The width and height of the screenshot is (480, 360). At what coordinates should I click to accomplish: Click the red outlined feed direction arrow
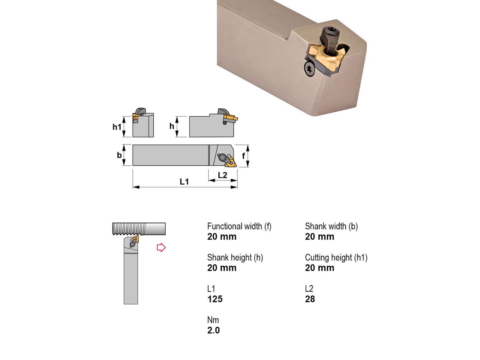(x=161, y=247)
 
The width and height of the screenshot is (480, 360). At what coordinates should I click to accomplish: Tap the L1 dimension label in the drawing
(x=184, y=181)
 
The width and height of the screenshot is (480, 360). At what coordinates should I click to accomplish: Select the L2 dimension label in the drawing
(x=223, y=175)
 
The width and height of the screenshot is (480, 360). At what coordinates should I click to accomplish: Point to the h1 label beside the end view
(x=117, y=127)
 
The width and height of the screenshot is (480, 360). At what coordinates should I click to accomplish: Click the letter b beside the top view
(x=119, y=155)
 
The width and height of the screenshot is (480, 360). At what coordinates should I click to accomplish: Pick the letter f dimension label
(x=243, y=156)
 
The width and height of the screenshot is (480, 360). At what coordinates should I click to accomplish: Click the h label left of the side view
(x=172, y=126)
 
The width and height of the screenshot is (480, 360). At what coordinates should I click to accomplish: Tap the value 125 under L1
(x=215, y=299)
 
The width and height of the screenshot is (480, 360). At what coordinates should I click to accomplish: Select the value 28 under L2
(x=310, y=299)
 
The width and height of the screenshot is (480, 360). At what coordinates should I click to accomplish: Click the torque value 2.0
(x=213, y=330)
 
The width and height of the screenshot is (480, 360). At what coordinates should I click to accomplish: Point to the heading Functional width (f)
(x=239, y=226)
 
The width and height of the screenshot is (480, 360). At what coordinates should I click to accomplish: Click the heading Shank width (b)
(x=331, y=226)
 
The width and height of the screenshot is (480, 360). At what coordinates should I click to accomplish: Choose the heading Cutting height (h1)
(x=336, y=258)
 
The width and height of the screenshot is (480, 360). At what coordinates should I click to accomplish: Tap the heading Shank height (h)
(x=235, y=258)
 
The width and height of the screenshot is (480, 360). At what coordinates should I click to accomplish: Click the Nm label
(x=213, y=320)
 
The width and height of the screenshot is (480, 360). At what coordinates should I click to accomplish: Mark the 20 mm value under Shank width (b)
(x=319, y=237)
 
